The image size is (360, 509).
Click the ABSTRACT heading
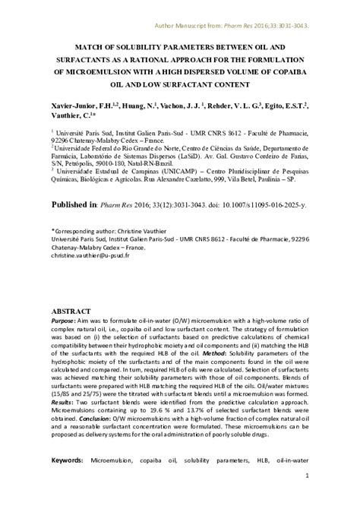click(x=71, y=312)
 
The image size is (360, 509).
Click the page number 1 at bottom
click(x=307, y=498)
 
